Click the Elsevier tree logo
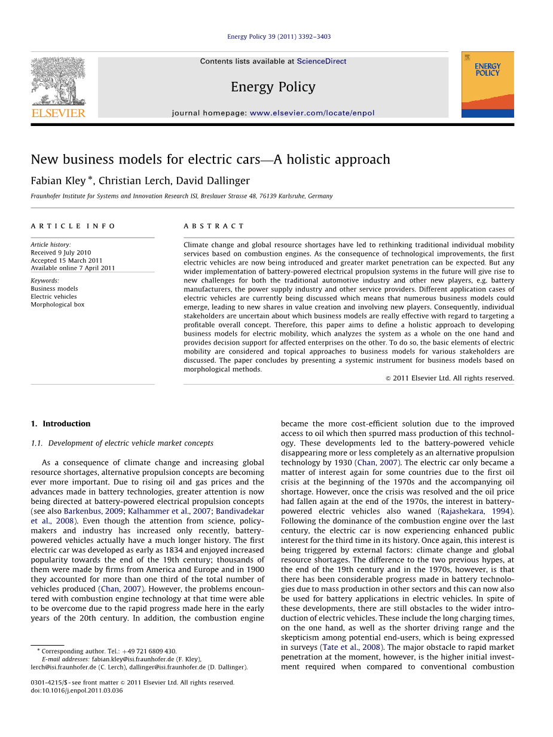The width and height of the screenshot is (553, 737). coord(58,84)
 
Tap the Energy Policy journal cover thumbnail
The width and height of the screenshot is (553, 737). coord(487,84)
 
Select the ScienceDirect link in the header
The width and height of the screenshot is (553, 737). coord(321,62)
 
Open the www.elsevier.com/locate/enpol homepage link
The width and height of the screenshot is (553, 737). coord(312,113)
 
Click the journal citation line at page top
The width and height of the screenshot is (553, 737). coord(279,37)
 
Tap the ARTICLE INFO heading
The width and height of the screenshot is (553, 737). coord(73,226)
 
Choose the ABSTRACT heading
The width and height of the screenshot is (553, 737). coord(214,226)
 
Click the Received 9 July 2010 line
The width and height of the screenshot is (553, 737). coord(61,253)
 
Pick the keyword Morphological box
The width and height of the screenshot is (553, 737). coord(57,305)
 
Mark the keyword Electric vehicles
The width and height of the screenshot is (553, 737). coord(54,297)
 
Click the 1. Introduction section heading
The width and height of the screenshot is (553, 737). coord(60,423)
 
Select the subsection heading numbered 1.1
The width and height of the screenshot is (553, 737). coord(122,443)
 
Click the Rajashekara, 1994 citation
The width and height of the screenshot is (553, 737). coord(476,511)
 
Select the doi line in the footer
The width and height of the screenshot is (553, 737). coord(77,690)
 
